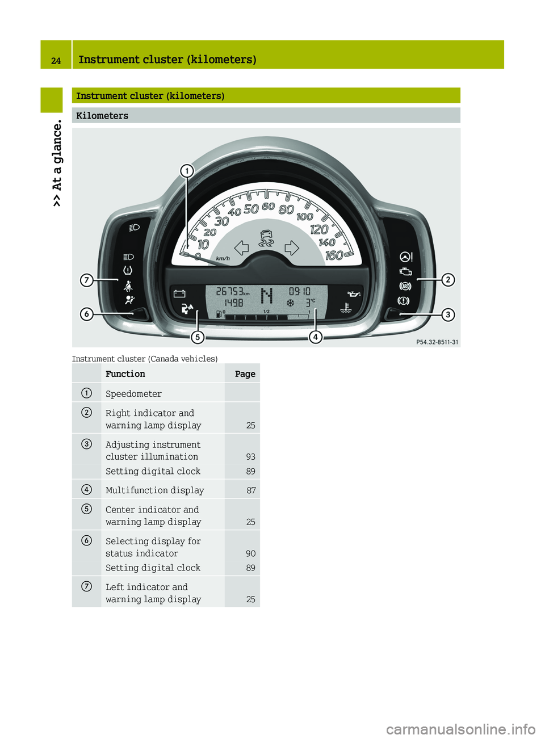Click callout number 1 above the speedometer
tap(187, 171)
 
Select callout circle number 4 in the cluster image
tap(316, 337)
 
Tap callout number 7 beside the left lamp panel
tap(87, 280)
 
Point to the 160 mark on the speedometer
tap(334, 255)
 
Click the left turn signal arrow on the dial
tap(242, 247)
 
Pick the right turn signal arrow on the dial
tap(292, 247)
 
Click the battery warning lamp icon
tap(179, 293)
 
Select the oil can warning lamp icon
tap(354, 293)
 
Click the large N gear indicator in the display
tap(266, 296)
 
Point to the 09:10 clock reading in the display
tap(299, 291)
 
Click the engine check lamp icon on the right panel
tap(405, 272)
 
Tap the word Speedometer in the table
tap(133, 394)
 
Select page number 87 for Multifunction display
tap(251, 490)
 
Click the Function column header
tap(125, 374)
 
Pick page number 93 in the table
tap(251, 457)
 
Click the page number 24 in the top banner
tap(56, 61)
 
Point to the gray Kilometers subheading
tap(102, 116)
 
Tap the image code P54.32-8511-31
tap(437, 342)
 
